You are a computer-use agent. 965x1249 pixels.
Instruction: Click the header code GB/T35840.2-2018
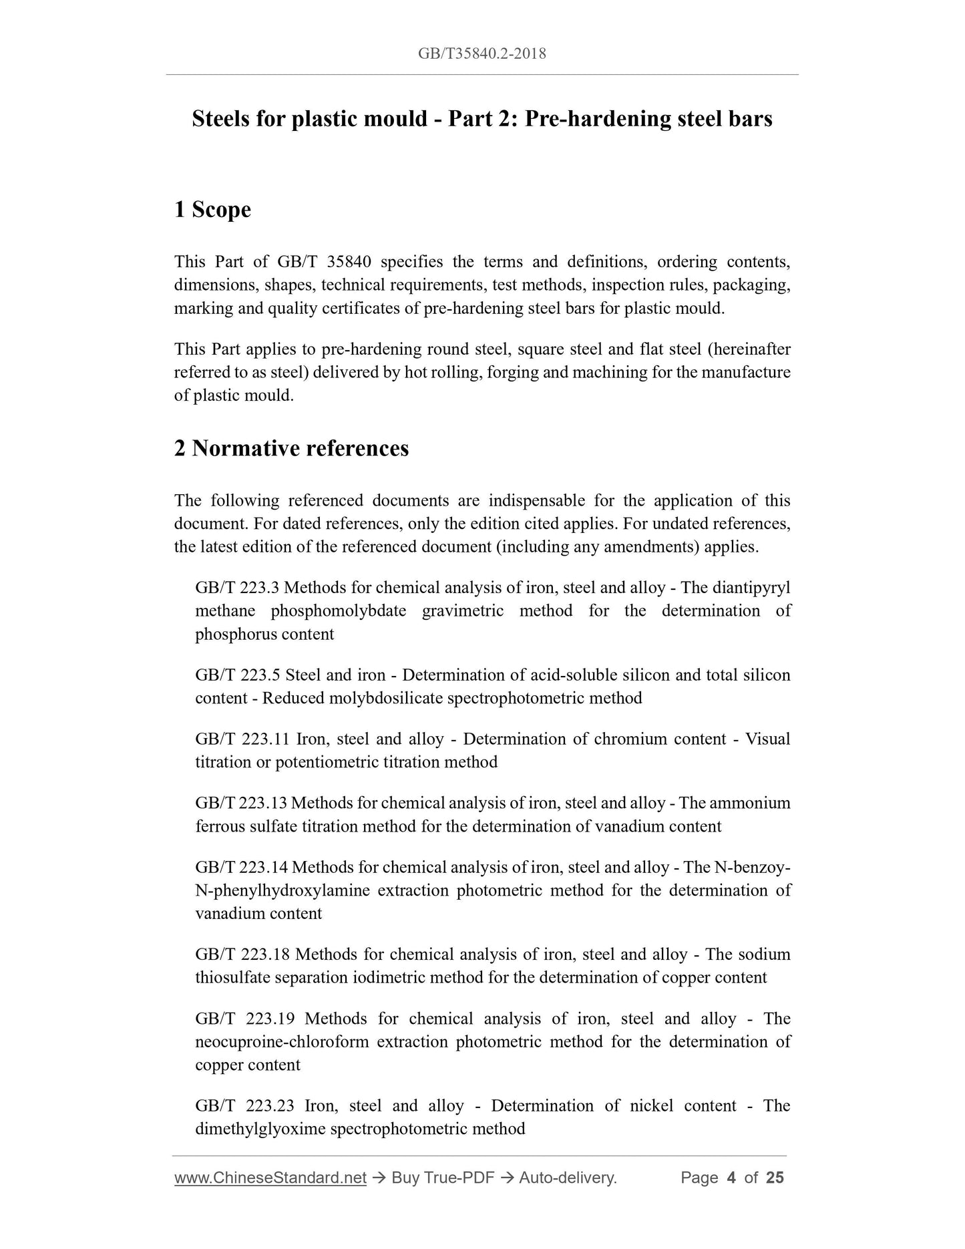point(481,54)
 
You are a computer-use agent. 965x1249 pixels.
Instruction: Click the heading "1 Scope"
point(212,210)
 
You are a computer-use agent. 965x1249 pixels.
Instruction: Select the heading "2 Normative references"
point(291,448)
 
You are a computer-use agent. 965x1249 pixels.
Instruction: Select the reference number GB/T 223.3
point(237,588)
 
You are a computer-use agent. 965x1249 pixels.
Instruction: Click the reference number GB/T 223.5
point(237,675)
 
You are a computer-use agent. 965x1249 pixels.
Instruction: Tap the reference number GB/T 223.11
point(240,739)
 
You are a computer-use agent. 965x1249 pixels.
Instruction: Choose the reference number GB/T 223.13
point(240,804)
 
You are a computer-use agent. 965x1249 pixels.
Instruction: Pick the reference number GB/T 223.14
point(241,868)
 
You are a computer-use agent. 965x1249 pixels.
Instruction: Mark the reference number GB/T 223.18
point(242,954)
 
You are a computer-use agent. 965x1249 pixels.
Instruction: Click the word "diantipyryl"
point(751,588)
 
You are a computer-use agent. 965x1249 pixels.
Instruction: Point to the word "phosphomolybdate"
point(339,611)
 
